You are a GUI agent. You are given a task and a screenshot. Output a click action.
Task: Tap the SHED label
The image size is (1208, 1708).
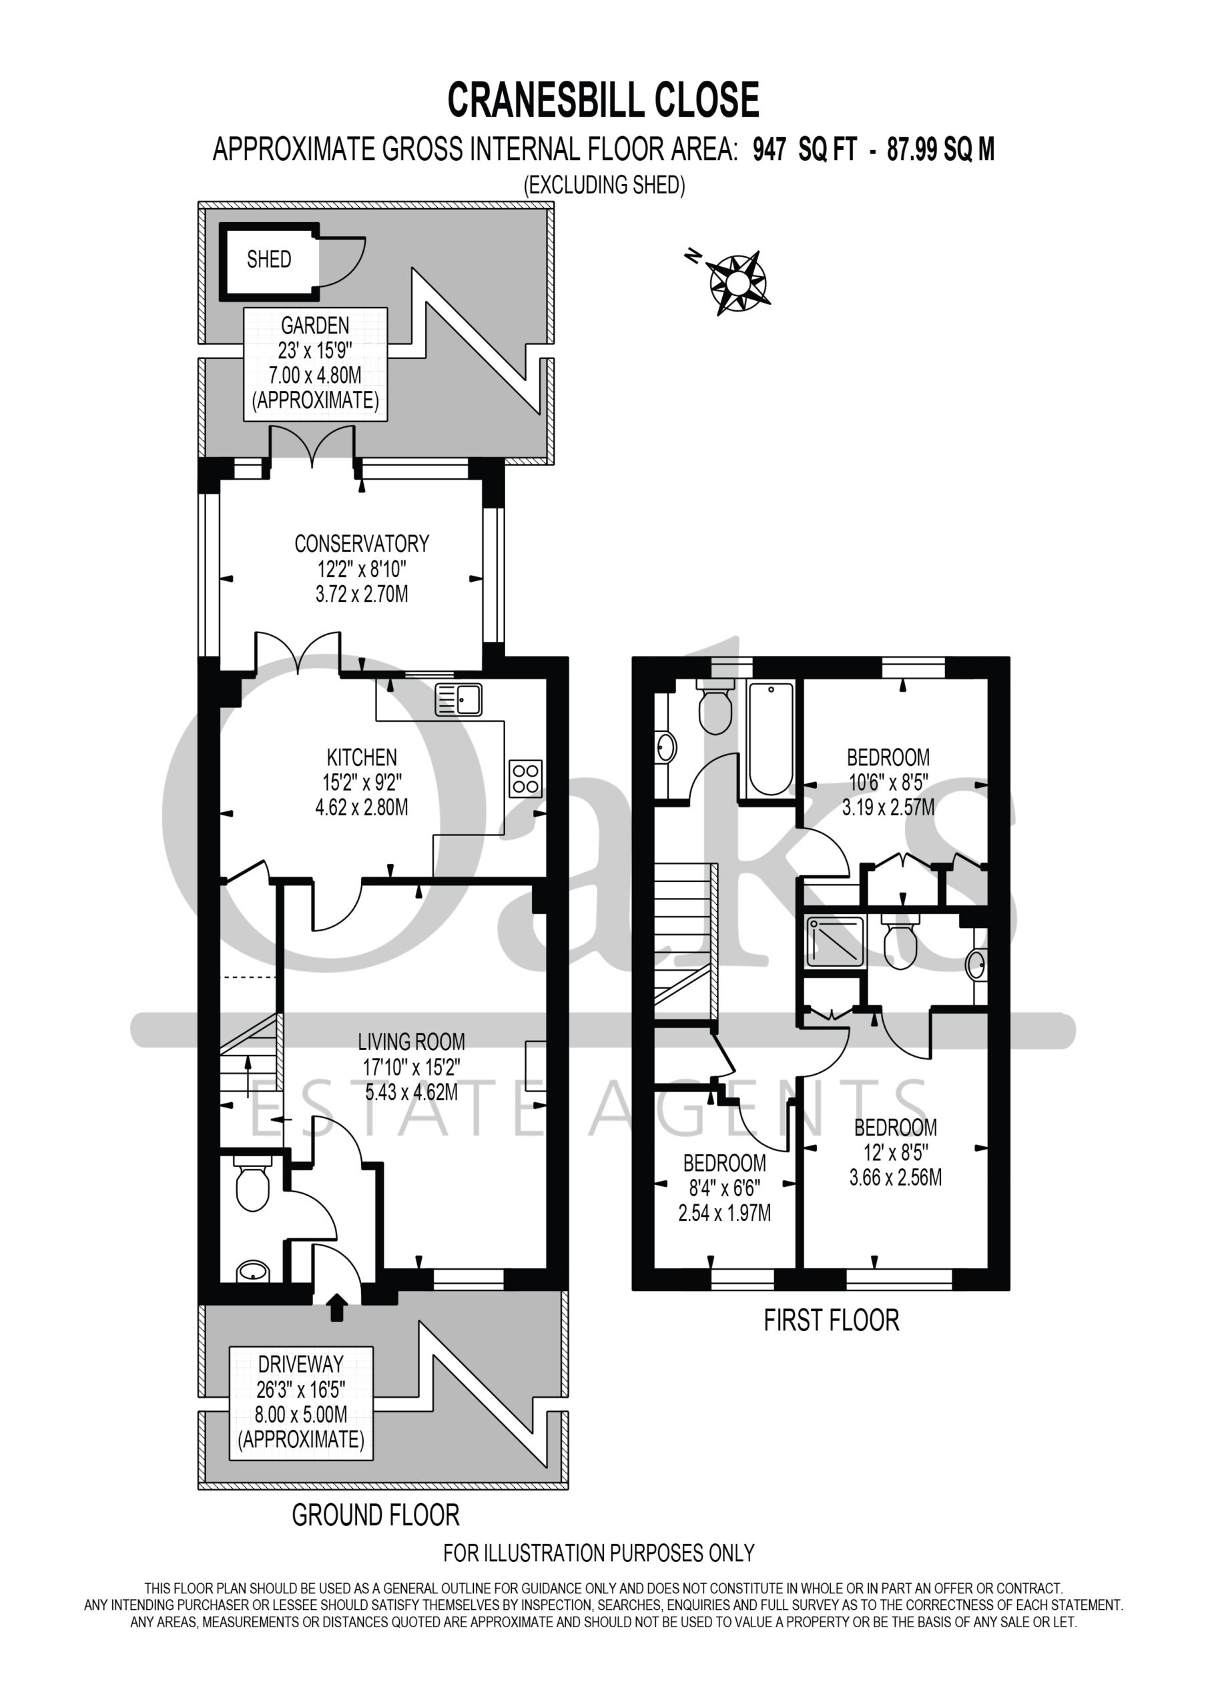(x=269, y=260)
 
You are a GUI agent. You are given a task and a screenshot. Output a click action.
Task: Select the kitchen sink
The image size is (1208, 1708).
(x=459, y=699)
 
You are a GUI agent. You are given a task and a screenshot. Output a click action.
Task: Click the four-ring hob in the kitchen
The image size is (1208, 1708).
(x=525, y=778)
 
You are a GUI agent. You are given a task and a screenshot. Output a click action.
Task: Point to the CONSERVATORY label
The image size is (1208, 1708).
(x=362, y=544)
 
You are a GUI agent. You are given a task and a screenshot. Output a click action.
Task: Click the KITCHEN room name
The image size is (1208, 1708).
(x=362, y=757)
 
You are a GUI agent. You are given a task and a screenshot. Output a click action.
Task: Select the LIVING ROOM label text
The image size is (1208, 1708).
(x=411, y=1041)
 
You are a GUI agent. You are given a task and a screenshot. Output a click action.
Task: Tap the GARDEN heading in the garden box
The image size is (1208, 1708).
(x=315, y=325)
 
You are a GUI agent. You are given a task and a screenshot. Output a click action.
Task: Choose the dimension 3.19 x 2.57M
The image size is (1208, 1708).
(x=888, y=807)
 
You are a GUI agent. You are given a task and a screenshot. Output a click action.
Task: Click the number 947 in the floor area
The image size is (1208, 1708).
(x=770, y=150)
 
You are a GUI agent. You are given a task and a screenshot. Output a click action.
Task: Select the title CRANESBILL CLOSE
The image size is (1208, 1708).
(x=603, y=101)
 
